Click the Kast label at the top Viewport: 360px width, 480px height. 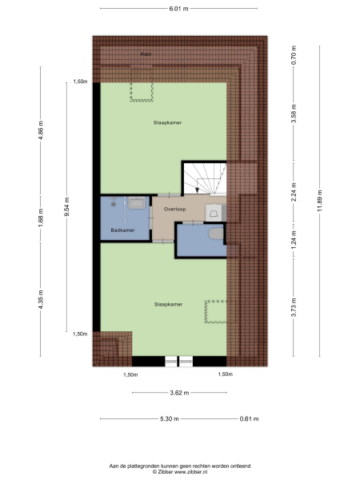(x=146, y=54)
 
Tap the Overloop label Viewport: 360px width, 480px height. (x=174, y=209)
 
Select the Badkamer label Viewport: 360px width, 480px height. (x=122, y=230)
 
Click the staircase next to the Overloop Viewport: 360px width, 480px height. (x=203, y=177)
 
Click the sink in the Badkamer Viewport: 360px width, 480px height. (x=137, y=204)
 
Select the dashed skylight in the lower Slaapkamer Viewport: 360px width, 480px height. (x=215, y=311)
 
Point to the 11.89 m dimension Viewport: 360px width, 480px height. (x=320, y=193)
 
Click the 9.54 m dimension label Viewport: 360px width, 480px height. (x=66, y=208)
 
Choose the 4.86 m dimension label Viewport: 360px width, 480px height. (x=41, y=130)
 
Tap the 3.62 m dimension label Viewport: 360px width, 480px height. (x=178, y=393)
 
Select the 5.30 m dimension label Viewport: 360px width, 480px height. (x=169, y=419)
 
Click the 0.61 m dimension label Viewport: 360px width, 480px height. (x=249, y=419)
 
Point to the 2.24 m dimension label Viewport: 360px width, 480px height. (x=294, y=193)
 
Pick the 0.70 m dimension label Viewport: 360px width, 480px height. (x=294, y=57)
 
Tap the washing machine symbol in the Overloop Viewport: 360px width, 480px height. (x=214, y=210)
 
